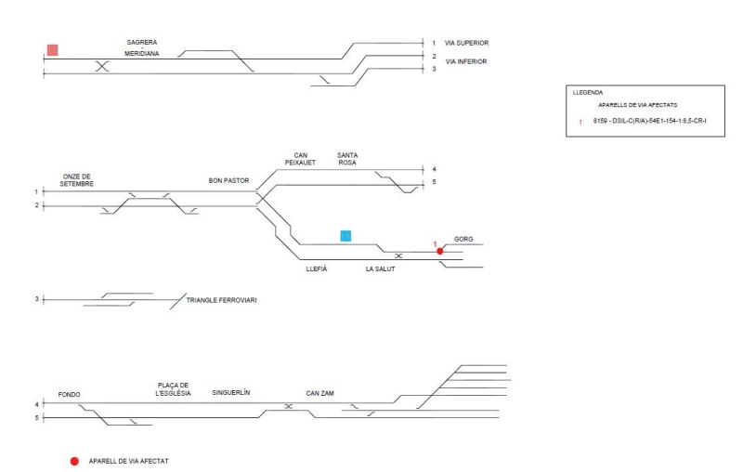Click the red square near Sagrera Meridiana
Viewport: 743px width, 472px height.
(53, 49)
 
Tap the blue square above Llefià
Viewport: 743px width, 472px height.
(345, 235)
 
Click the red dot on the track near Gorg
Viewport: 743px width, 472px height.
(440, 251)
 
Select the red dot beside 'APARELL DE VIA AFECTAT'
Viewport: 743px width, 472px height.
(74, 461)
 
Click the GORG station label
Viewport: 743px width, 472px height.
(463, 239)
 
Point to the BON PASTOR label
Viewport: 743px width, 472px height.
(230, 181)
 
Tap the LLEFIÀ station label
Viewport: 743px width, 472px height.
(317, 269)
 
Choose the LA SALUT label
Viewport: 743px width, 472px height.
(381, 269)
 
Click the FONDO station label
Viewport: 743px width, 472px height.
(70, 394)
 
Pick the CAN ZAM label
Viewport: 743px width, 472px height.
(320, 393)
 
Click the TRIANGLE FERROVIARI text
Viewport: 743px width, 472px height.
(221, 300)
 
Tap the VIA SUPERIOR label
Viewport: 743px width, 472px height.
(467, 43)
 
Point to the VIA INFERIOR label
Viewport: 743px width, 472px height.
(466, 61)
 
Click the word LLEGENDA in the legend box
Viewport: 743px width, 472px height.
(588, 93)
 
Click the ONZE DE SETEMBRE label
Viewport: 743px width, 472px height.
(78, 180)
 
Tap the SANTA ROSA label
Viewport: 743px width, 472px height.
(348, 159)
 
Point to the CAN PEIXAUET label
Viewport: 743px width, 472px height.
(300, 159)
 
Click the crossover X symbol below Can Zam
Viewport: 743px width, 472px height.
(288, 407)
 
